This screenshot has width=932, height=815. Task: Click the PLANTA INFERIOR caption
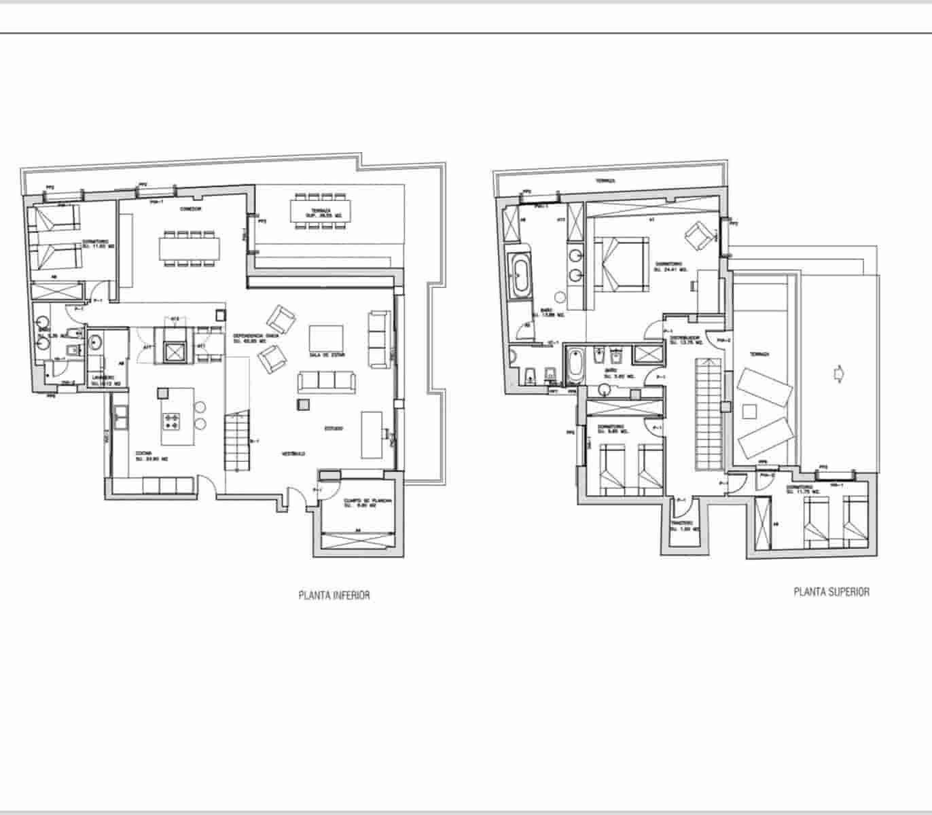[334, 595]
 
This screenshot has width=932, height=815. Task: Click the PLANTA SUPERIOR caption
[831, 592]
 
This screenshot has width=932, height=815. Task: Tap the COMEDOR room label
[190, 209]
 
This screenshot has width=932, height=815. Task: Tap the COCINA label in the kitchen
[143, 454]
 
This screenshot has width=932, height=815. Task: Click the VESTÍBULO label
[293, 454]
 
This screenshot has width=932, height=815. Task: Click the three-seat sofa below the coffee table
[327, 382]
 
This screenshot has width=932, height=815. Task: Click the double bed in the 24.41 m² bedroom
[620, 264]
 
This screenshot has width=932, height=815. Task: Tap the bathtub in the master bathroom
[521, 275]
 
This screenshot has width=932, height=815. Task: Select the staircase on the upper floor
[706, 414]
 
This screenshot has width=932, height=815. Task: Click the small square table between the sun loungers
[750, 412]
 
